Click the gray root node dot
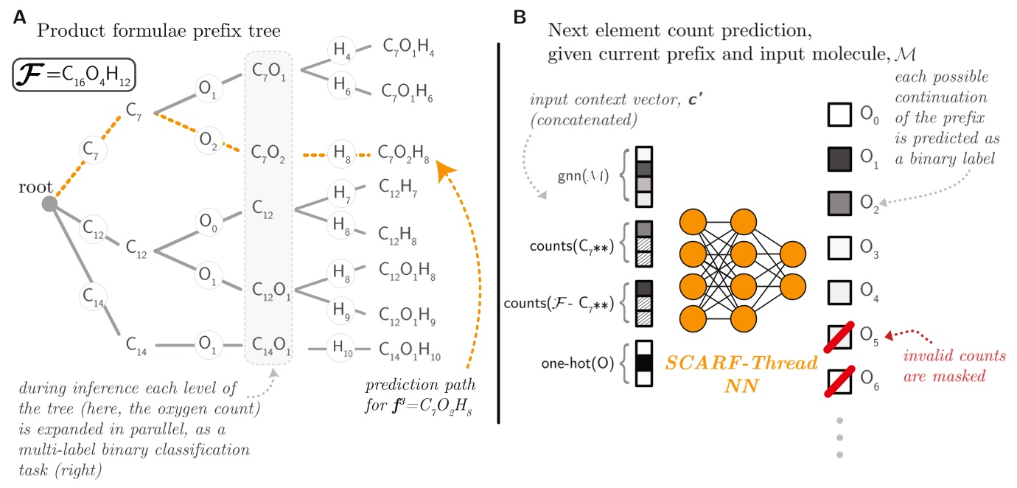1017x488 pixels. click(x=49, y=203)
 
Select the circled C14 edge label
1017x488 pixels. click(x=94, y=298)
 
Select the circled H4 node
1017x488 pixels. click(x=341, y=51)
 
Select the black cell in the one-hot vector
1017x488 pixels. click(x=643, y=363)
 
